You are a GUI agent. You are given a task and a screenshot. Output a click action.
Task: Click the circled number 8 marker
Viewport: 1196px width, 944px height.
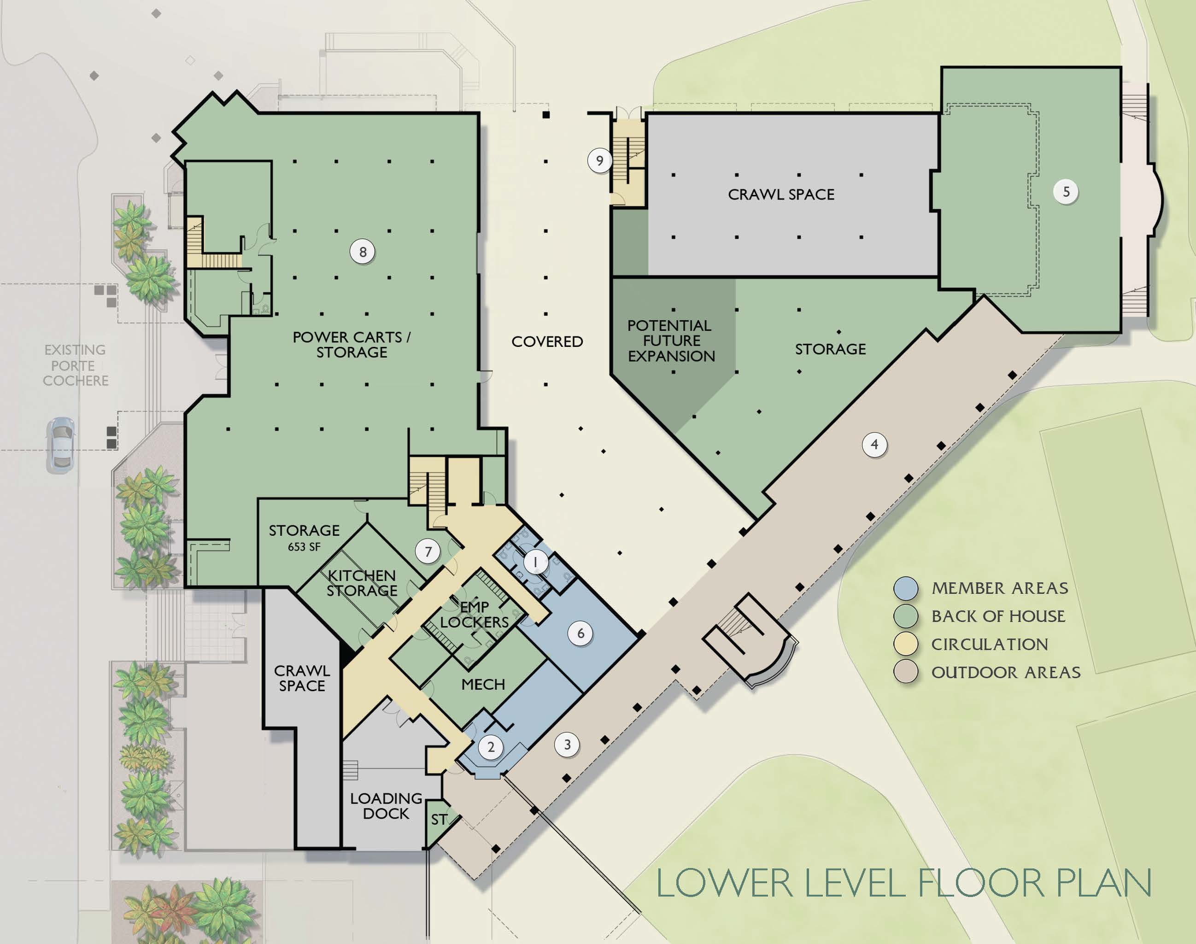363,252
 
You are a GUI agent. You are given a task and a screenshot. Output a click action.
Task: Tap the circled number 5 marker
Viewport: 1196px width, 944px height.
1066,192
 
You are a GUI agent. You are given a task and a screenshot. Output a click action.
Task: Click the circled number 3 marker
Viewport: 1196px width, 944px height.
567,745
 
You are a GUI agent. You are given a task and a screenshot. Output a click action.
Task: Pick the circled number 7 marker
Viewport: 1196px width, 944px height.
428,551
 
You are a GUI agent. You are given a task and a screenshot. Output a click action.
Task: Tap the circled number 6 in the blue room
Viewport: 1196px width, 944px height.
580,633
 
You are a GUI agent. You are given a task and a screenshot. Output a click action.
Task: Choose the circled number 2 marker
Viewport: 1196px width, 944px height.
491,747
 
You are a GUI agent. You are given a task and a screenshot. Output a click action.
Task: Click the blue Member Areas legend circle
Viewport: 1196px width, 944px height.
906,588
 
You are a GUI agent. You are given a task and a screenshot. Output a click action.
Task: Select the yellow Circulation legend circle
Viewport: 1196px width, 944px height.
906,644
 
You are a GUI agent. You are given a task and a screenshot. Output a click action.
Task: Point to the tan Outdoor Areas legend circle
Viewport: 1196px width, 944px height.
906,672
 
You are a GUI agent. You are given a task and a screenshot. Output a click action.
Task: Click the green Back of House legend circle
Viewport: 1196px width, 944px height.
906,616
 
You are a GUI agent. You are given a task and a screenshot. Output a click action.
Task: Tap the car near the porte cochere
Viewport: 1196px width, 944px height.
61,445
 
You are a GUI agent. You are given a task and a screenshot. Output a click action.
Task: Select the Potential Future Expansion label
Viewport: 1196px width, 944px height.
671,340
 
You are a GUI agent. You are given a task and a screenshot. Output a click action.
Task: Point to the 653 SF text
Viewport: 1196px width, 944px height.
304,546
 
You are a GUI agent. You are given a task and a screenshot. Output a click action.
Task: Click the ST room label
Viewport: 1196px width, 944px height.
439,819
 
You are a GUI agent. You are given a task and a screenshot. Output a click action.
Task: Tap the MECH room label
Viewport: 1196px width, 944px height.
483,685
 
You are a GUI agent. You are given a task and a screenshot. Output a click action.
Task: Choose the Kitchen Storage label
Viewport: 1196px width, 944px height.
362,583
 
